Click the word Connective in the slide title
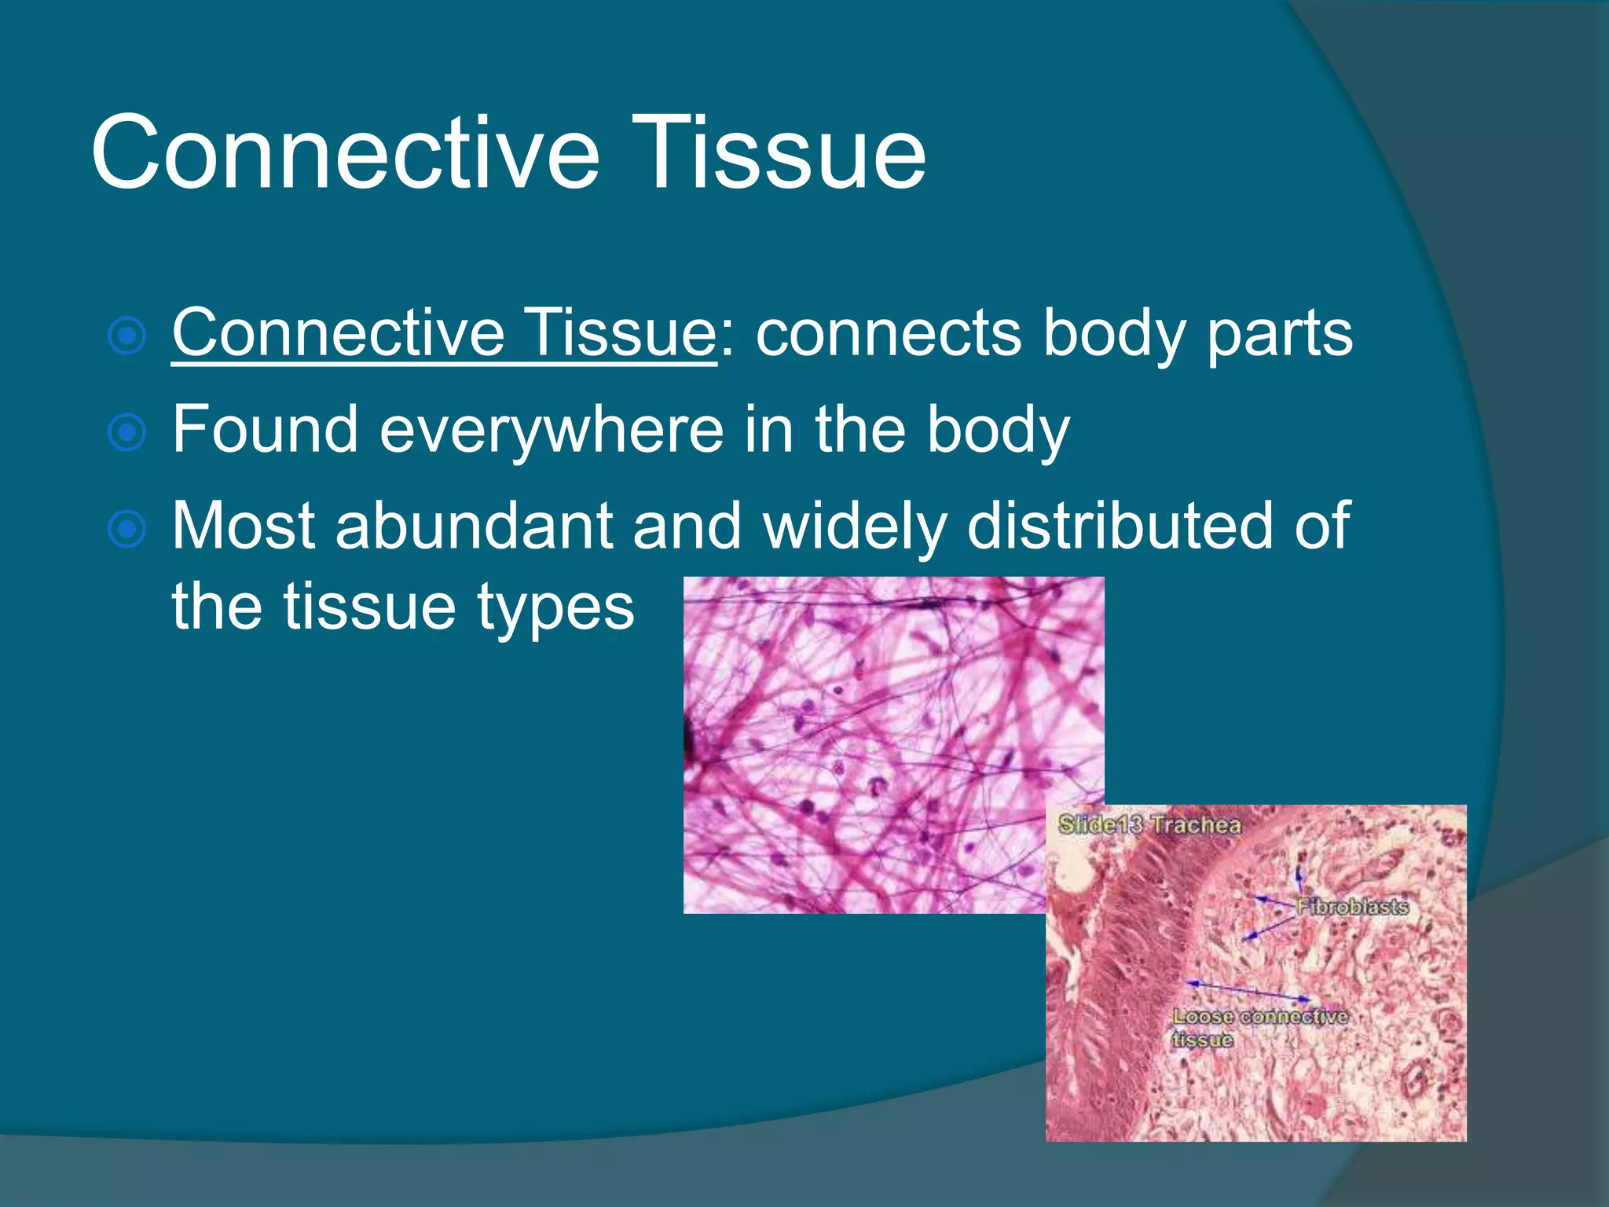tap(346, 152)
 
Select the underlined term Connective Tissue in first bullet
tap(444, 333)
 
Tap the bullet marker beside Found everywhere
tap(126, 433)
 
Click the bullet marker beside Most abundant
tap(126, 530)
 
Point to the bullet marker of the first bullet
tap(126, 336)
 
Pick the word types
tap(555, 607)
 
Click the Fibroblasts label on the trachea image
tap(1352, 907)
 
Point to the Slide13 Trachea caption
tap(1150, 825)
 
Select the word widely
tap(855, 526)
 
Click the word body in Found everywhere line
tap(998, 430)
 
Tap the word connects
tap(889, 333)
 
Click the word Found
tap(266, 430)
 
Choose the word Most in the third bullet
tap(244, 526)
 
